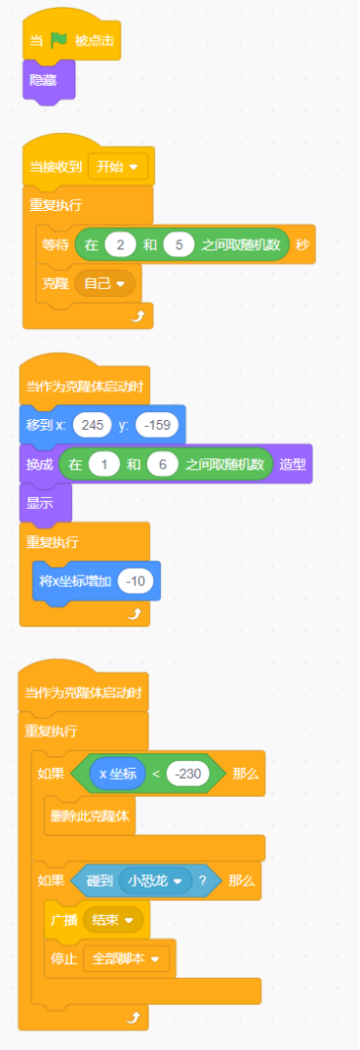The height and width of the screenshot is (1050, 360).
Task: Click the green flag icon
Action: [x=58, y=40]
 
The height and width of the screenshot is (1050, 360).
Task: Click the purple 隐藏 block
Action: [x=44, y=80]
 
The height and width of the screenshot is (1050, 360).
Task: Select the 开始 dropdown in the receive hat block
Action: [x=117, y=166]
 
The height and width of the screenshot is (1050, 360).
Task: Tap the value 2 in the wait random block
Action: [x=119, y=245]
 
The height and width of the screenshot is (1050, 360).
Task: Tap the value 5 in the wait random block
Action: [x=179, y=245]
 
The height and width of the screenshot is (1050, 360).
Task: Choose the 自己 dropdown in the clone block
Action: [x=105, y=283]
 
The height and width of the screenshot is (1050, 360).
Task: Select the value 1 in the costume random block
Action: [x=104, y=463]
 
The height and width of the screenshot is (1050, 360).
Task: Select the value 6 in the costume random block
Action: [x=163, y=463]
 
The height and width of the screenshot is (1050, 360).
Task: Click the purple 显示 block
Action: [x=42, y=503]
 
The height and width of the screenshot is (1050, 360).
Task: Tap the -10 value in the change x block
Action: [x=136, y=582]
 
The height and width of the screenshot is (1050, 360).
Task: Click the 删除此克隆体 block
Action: [x=91, y=815]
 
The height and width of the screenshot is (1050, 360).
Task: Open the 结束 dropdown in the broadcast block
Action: [x=113, y=919]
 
